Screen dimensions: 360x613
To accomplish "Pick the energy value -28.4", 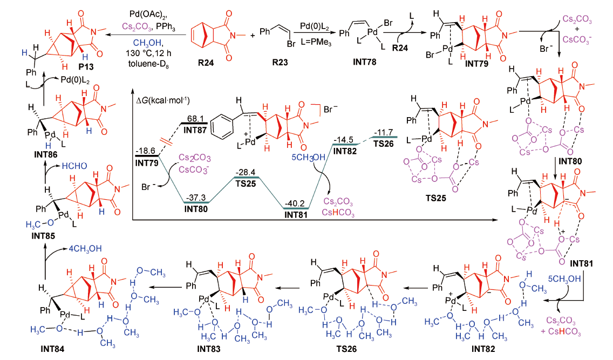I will pyautogui.click(x=247, y=172).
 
